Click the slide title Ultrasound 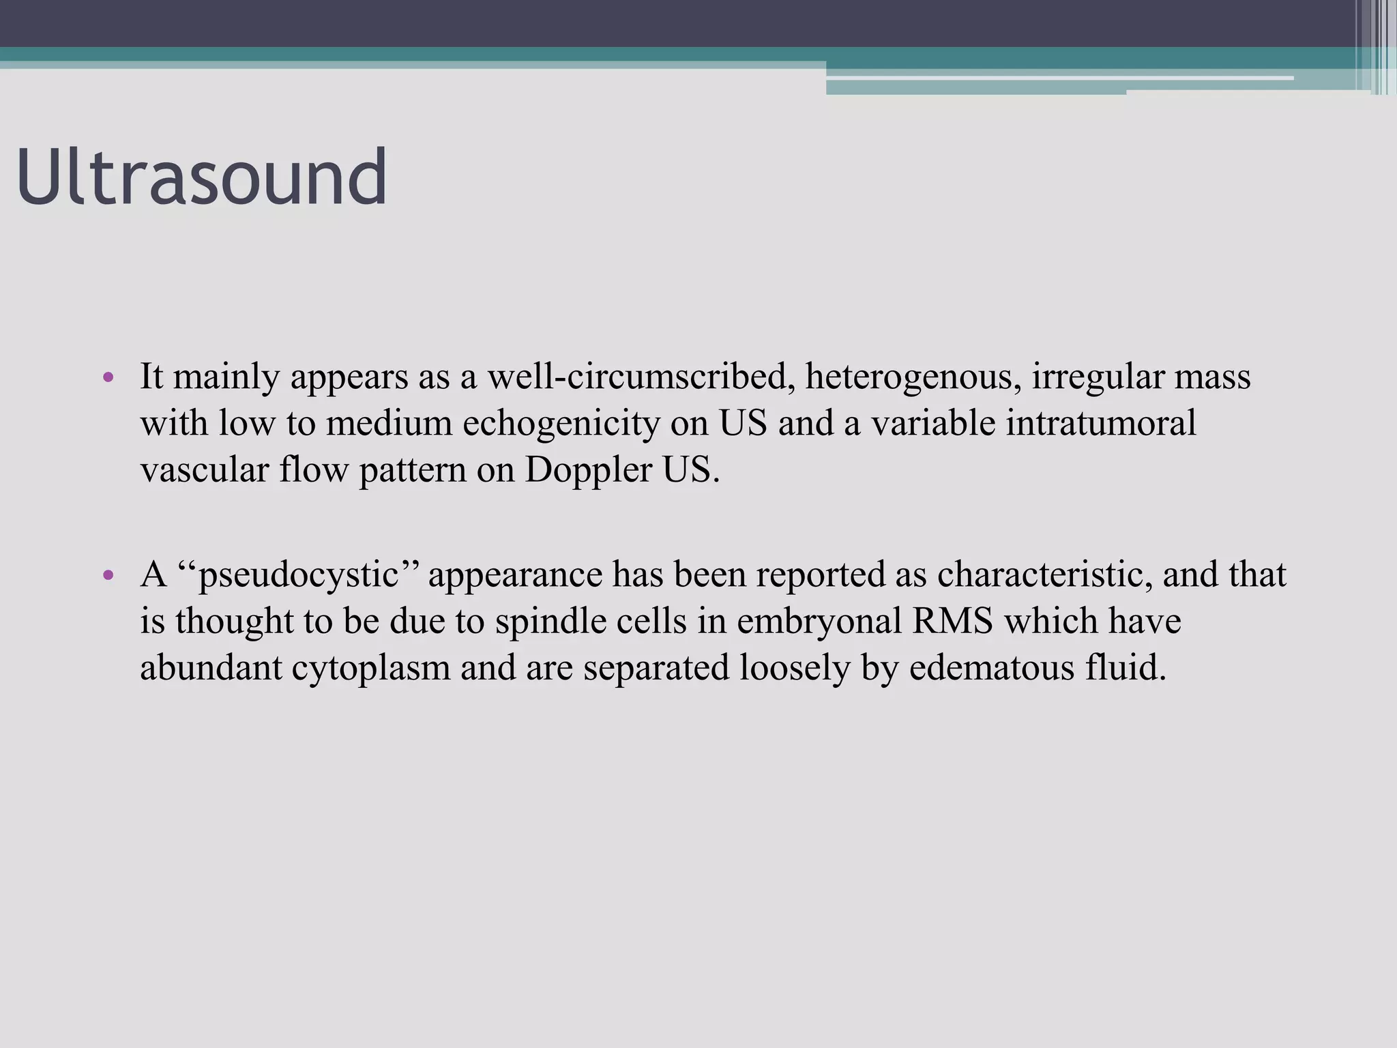point(202,177)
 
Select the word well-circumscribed point(641,377)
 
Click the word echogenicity point(561,424)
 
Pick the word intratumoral point(1100,424)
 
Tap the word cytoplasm point(371,668)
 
